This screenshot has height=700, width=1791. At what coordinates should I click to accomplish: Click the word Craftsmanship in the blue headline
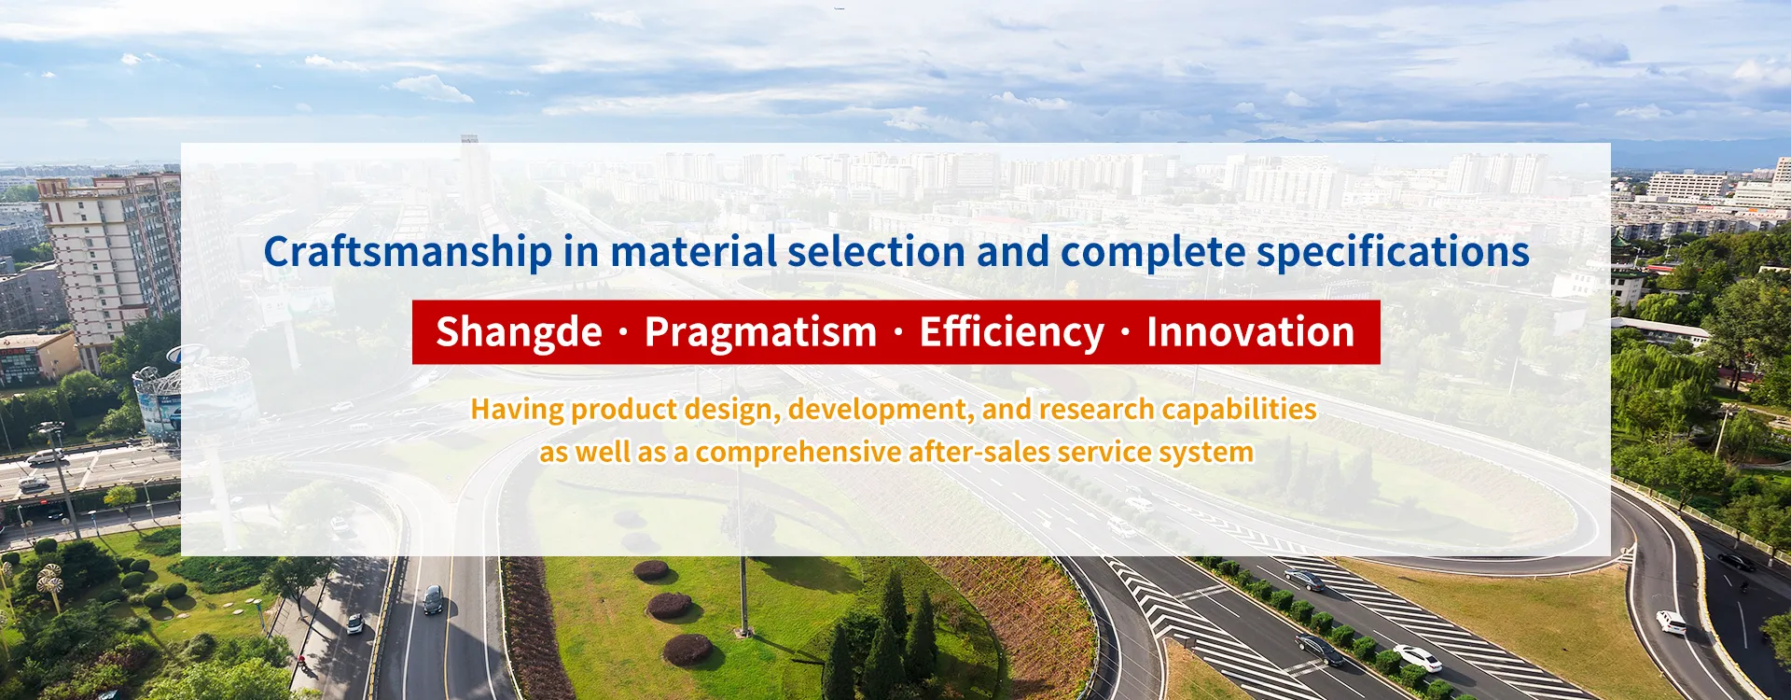point(409,253)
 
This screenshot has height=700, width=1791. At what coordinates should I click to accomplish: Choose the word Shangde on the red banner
point(520,333)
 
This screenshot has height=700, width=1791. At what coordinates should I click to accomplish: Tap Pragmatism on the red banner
point(761,333)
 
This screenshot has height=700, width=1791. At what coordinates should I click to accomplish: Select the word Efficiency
point(1012,333)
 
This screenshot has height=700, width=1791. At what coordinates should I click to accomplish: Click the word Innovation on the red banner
point(1251,331)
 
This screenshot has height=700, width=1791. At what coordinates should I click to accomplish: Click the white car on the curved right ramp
point(1671,623)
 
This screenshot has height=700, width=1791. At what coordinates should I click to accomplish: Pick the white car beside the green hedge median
point(1417,658)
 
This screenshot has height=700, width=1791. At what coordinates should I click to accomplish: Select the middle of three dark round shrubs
point(669,606)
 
